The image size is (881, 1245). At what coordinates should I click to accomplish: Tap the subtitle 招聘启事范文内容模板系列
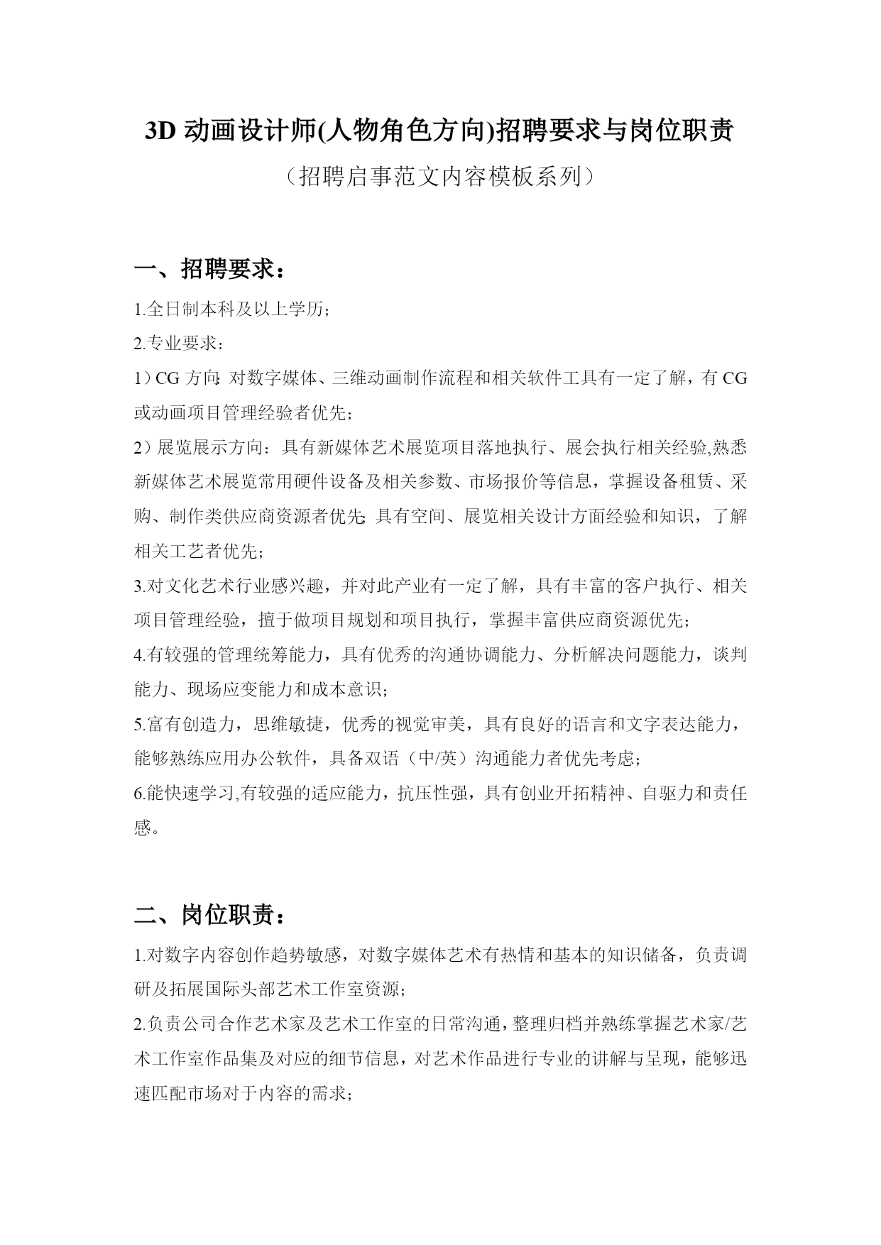pos(440,177)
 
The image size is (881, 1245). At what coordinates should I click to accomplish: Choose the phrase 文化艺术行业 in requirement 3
pos(207,586)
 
